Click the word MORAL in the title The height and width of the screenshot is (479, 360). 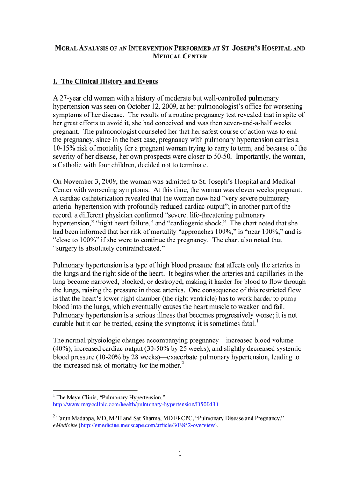point(67,48)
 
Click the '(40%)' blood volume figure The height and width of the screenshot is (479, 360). point(63,348)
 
